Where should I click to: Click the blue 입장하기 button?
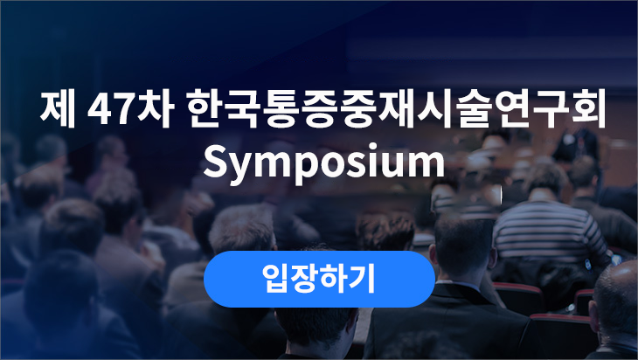point(319,279)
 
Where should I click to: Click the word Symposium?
point(324,162)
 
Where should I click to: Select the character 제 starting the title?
point(58,109)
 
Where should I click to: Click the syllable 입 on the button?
point(275,278)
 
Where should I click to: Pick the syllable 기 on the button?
point(363,278)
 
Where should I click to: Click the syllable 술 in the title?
point(473,109)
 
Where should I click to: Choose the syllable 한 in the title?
point(205,109)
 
